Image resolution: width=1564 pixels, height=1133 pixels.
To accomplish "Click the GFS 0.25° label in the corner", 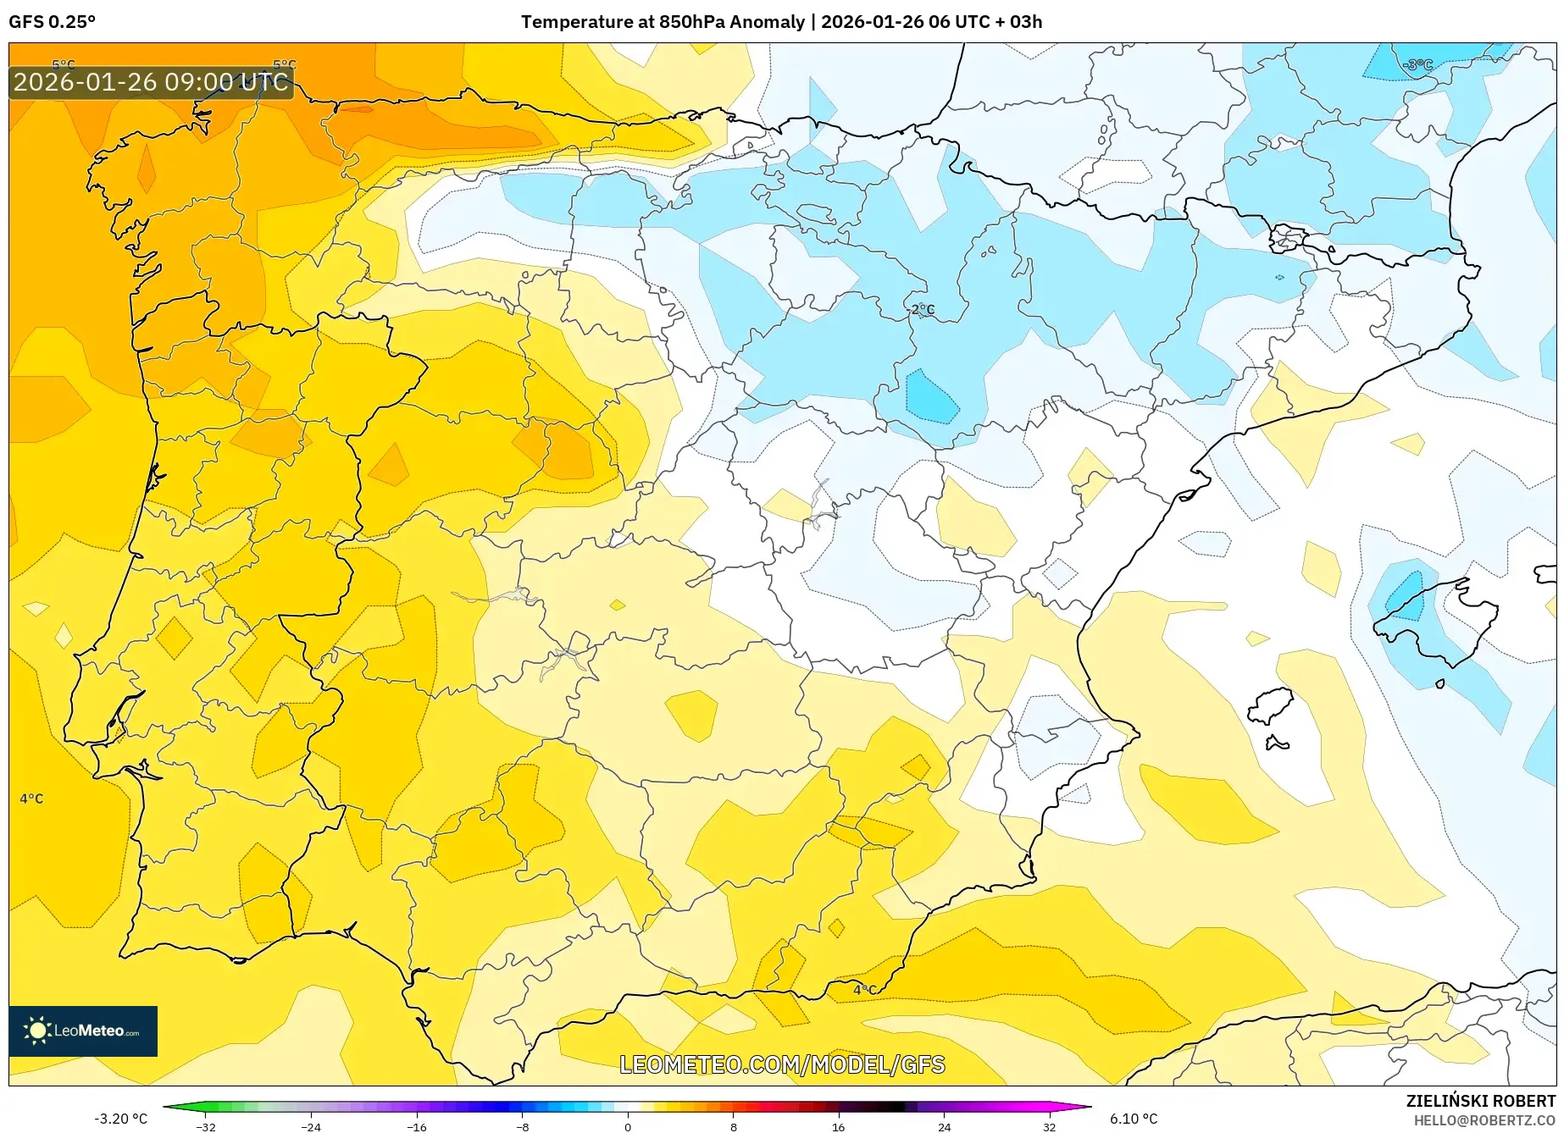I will pyautogui.click(x=52, y=22).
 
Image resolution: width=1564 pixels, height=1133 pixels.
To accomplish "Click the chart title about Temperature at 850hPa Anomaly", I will pyautogui.click(x=781, y=22).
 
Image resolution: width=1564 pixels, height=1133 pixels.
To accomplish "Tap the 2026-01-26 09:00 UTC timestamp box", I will pyautogui.click(x=151, y=82).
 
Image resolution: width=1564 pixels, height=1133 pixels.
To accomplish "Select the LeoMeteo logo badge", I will pyautogui.click(x=83, y=1031).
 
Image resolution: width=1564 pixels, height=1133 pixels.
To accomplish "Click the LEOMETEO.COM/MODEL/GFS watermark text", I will pyautogui.click(x=781, y=1064).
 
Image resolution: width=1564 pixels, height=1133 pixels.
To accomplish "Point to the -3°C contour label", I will pyautogui.click(x=1417, y=65).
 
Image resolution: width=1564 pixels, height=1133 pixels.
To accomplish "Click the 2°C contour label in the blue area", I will pyautogui.click(x=923, y=310).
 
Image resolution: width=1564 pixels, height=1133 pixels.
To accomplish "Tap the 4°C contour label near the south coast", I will pyautogui.click(x=865, y=990).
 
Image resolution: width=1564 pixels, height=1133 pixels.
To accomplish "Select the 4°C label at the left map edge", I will pyautogui.click(x=31, y=799).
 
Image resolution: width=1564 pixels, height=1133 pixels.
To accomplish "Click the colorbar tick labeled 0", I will pyautogui.click(x=628, y=1126).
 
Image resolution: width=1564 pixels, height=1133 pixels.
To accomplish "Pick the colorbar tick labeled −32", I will pyautogui.click(x=206, y=1126).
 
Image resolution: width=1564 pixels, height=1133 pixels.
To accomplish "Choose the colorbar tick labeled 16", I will pyautogui.click(x=838, y=1126).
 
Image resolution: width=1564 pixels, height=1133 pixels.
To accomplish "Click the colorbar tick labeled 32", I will pyautogui.click(x=1049, y=1126).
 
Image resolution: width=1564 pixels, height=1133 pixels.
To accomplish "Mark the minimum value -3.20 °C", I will pyautogui.click(x=121, y=1119).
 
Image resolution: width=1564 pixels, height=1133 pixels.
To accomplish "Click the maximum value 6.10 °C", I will pyautogui.click(x=1134, y=1119).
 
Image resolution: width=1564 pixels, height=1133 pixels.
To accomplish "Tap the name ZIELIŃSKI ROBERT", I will pyautogui.click(x=1481, y=1101).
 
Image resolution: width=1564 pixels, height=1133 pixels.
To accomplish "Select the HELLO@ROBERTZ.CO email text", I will pyautogui.click(x=1484, y=1120).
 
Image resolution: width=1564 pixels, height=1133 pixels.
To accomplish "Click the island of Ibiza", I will pyautogui.click(x=1271, y=705).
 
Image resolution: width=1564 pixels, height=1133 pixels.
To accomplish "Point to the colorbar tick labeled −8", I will pyautogui.click(x=523, y=1126).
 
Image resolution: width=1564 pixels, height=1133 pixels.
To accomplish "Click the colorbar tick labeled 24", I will pyautogui.click(x=944, y=1126).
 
